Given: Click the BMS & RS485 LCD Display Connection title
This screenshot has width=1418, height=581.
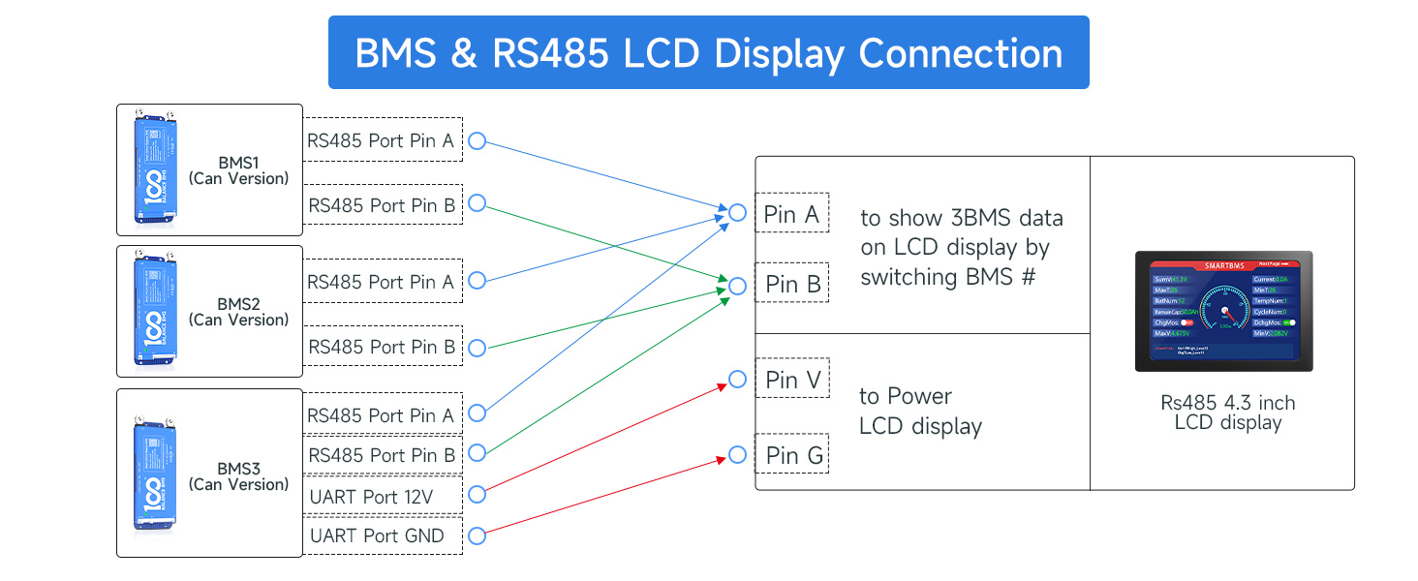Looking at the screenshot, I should pyautogui.click(x=708, y=52).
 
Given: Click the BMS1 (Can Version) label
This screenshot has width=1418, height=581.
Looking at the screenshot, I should pyautogui.click(x=238, y=170).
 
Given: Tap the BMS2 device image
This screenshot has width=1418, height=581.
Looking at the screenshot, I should pyautogui.click(x=155, y=311).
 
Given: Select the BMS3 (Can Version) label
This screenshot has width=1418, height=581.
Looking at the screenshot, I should pyautogui.click(x=238, y=476).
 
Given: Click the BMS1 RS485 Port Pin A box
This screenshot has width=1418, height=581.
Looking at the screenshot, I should pyautogui.click(x=382, y=140).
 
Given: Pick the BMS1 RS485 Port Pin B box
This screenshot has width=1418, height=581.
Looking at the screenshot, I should pyautogui.click(x=382, y=205).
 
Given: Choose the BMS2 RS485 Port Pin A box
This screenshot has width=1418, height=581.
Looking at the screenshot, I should pyautogui.click(x=382, y=282).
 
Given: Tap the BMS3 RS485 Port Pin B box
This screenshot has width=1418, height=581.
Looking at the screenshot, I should pyautogui.click(x=382, y=455).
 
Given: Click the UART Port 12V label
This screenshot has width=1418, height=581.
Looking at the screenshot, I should pyautogui.click(x=371, y=497).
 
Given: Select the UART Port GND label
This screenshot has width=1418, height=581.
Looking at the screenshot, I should pyautogui.click(x=377, y=535).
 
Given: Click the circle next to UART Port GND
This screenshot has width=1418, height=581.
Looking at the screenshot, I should pyautogui.click(x=477, y=535).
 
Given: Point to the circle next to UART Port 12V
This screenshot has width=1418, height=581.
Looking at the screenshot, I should pyautogui.click(x=477, y=496).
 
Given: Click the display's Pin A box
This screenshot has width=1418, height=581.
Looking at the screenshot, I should pyautogui.click(x=791, y=214).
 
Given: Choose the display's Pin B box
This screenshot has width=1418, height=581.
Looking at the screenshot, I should pyautogui.click(x=792, y=285).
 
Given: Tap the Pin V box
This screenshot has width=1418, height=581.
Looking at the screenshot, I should pyautogui.click(x=792, y=381).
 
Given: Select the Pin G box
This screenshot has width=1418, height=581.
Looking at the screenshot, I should pyautogui.click(x=793, y=455).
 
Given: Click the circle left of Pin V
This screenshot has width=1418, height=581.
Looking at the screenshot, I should pyautogui.click(x=737, y=379).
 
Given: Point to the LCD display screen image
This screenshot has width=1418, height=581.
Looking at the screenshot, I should pyautogui.click(x=1224, y=311).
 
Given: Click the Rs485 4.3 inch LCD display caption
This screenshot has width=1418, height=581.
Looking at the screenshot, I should pyautogui.click(x=1227, y=413).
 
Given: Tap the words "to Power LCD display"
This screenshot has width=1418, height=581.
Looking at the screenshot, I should pyautogui.click(x=919, y=411).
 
